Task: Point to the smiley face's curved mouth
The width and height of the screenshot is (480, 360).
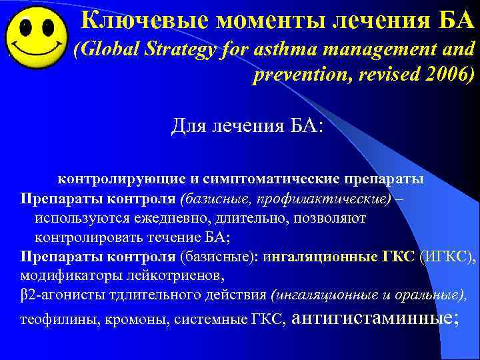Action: click(36, 52)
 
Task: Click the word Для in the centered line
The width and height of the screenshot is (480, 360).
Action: click(189, 125)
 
